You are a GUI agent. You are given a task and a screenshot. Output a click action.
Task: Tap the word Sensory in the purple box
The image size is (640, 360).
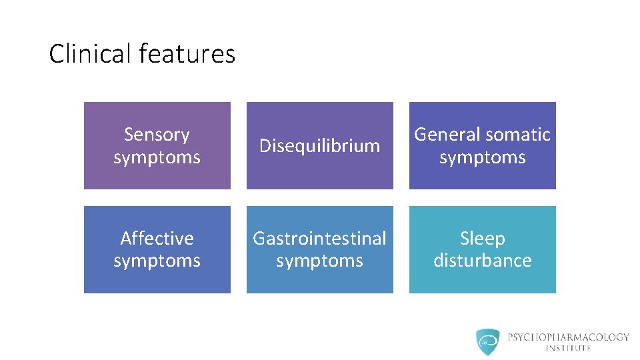[157, 135]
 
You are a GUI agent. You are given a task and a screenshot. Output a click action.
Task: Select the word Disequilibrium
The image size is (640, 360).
[319, 145]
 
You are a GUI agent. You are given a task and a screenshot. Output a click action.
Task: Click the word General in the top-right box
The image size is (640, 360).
[447, 135]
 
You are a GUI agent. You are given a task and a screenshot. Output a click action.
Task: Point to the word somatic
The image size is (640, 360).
[517, 135]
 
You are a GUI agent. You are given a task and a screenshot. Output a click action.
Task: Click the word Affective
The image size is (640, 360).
[157, 238]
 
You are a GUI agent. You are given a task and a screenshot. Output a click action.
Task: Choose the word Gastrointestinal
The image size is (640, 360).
[319, 238]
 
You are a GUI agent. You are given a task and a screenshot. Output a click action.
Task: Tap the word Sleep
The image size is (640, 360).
[482, 238]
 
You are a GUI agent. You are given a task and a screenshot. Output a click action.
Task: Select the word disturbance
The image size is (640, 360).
[482, 260]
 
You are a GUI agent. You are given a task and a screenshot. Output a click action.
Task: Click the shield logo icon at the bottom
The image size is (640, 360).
[487, 341]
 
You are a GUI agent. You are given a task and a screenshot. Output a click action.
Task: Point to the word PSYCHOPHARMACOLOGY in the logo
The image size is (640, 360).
[568, 337]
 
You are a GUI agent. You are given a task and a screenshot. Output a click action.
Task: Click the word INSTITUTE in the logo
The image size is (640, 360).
[568, 348]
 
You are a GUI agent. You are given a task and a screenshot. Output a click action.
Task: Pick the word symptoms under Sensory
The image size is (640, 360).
[157, 157]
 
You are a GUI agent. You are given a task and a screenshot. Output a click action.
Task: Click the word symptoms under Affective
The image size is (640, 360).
[157, 260]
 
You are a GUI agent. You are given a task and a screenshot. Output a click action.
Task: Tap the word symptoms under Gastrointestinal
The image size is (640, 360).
[319, 260]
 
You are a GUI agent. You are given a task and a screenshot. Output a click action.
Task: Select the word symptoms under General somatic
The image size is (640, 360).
[482, 157]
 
